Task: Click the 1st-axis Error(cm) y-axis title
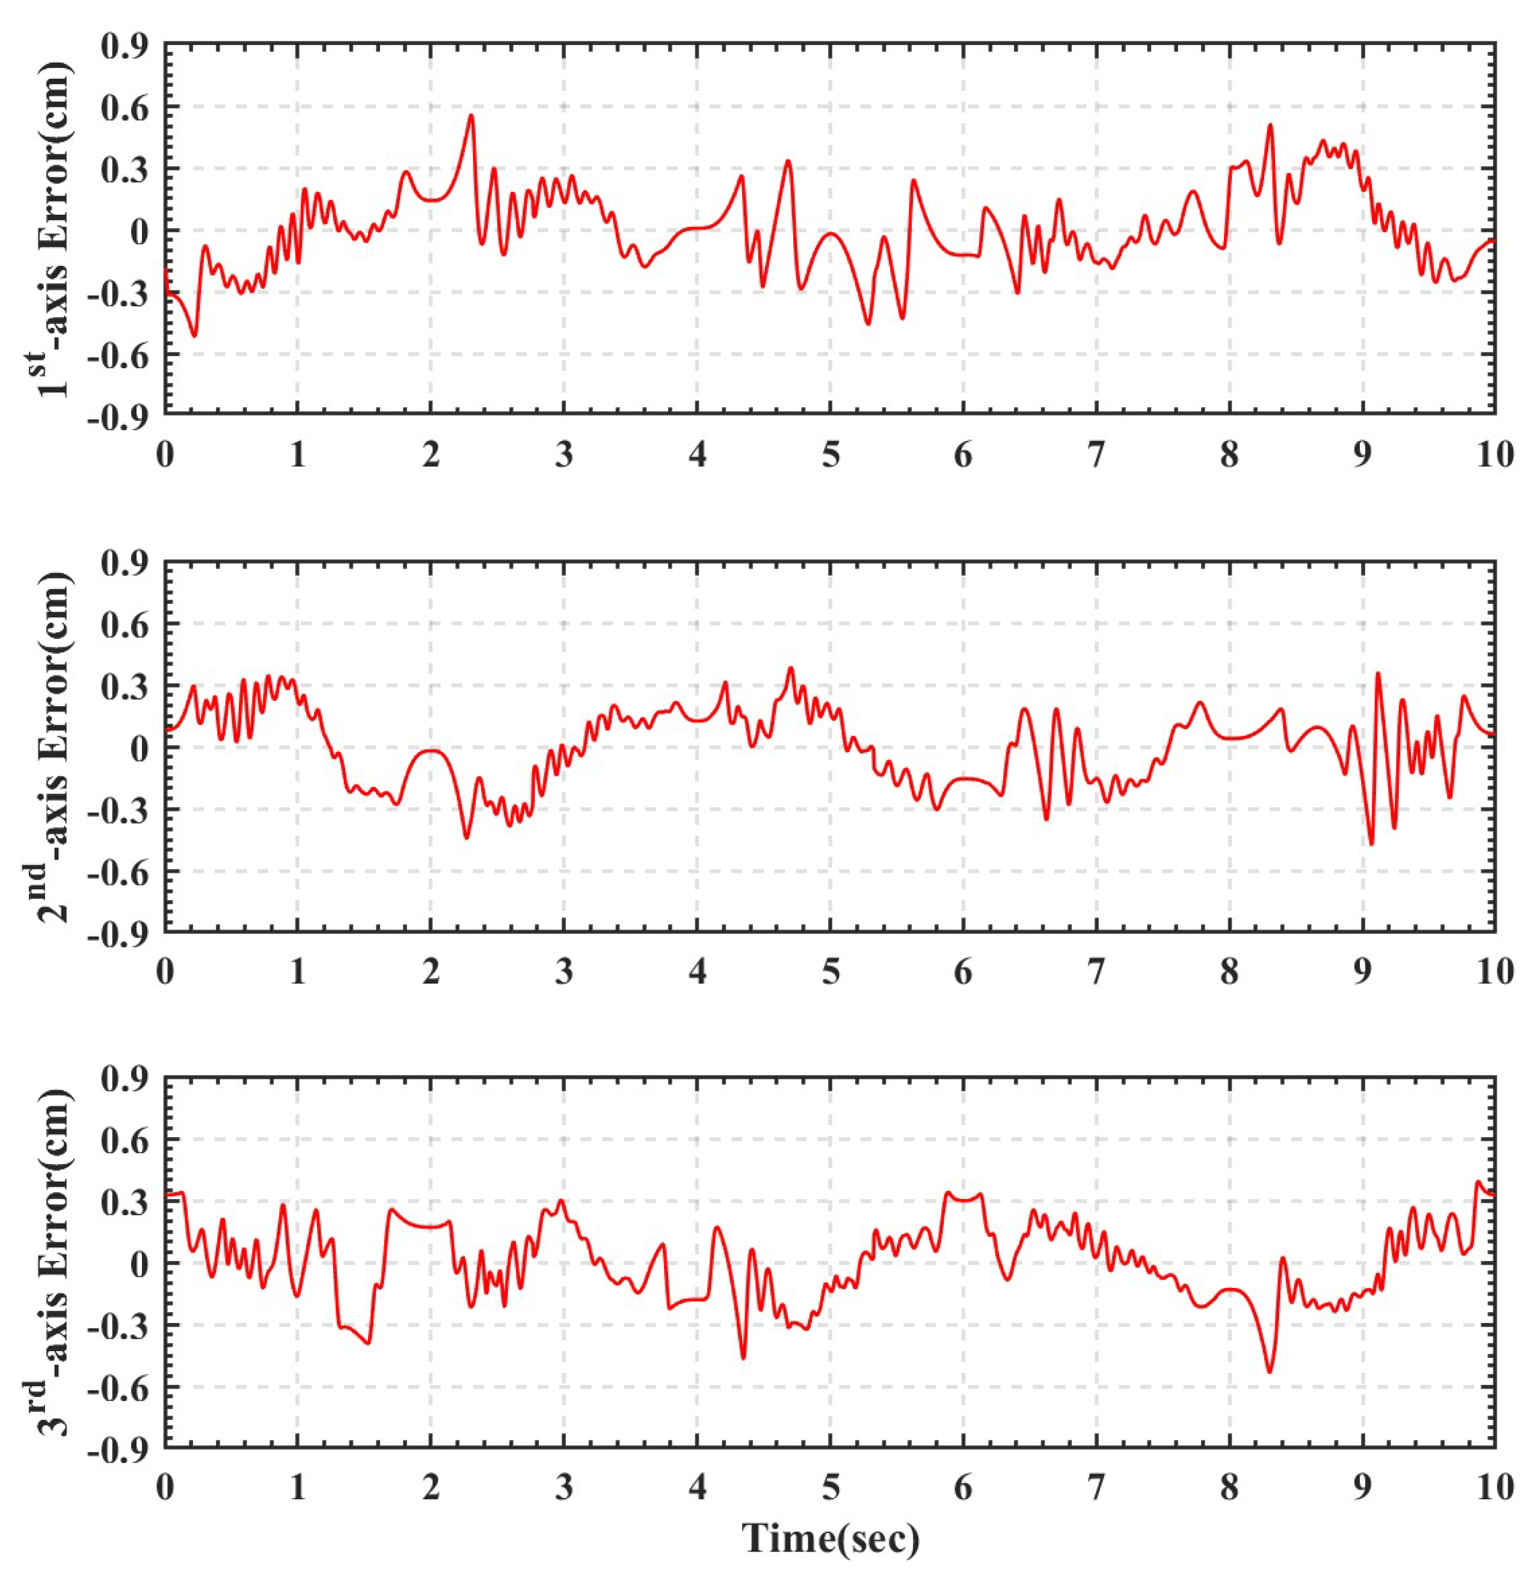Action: pyautogui.click(x=57, y=230)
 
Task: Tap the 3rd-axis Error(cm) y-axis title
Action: pyautogui.click(x=57, y=1263)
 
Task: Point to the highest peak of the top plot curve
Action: pyautogui.click(x=471, y=116)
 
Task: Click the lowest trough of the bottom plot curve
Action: pyautogui.click(x=1269, y=1372)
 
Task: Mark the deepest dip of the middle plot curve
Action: pyautogui.click(x=1371, y=844)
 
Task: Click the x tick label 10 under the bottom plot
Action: pyautogui.click(x=1494, y=1488)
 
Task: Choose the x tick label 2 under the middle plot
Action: pyautogui.click(x=431, y=972)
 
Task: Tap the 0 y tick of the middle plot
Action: pyautogui.click(x=142, y=748)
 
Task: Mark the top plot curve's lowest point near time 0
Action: pyautogui.click(x=194, y=336)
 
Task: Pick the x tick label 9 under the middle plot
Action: pyautogui.click(x=1362, y=972)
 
